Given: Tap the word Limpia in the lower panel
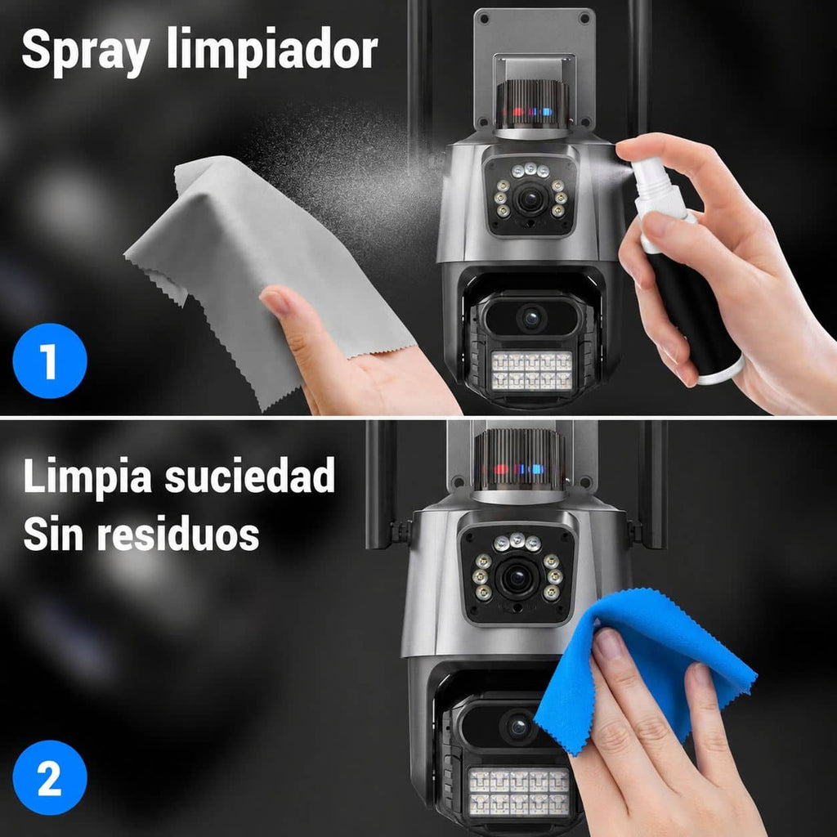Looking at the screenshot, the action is [87, 477].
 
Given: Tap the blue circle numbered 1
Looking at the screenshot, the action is [50, 360].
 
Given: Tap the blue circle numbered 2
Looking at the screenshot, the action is [50, 777].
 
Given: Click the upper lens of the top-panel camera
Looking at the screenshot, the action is [530, 199].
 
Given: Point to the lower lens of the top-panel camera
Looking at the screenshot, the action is [531, 318].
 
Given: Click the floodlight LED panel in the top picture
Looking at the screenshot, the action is [531, 370].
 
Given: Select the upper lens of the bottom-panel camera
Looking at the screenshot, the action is [517, 578].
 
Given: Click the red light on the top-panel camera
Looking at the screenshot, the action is [517, 113].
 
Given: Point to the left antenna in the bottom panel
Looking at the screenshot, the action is [381, 485].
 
